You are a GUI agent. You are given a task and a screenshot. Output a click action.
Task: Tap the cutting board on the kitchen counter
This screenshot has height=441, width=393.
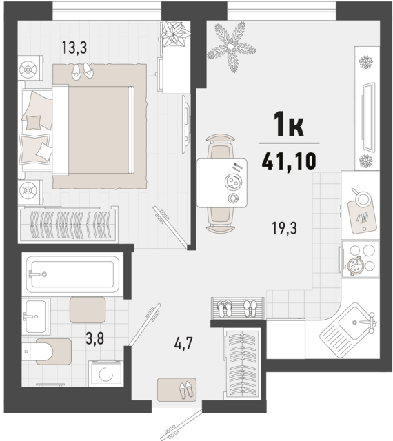[362, 201]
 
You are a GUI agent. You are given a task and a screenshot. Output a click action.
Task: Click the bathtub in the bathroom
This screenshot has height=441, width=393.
[72, 276]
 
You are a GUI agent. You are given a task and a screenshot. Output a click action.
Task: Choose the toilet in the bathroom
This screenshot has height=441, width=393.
[43, 352]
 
